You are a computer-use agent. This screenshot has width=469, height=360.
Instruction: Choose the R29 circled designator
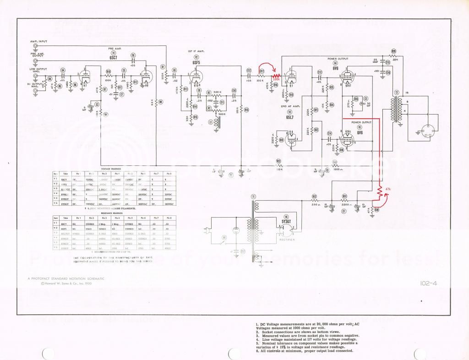(393, 51)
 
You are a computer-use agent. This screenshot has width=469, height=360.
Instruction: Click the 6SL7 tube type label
(289, 118)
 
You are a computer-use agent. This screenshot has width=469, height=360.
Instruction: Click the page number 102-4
(428, 283)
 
